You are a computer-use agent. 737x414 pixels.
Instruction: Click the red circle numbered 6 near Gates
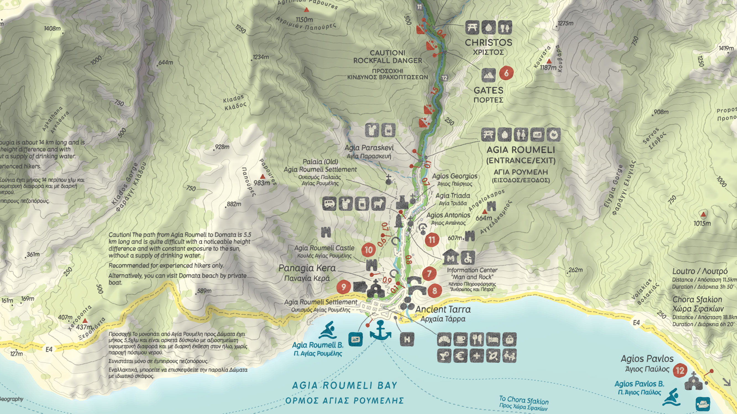tap(506, 73)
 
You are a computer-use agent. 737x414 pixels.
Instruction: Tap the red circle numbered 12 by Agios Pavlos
tap(680, 371)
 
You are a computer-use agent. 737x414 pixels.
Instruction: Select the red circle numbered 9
tap(343, 286)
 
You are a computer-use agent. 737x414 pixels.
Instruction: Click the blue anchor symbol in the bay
tap(380, 330)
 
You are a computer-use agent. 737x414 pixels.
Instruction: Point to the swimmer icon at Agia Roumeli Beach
tap(328, 331)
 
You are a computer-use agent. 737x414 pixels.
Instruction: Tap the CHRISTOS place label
tap(488, 43)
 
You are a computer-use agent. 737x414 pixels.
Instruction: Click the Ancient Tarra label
tap(443, 309)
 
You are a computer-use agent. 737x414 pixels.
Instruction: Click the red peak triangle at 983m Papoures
tap(262, 177)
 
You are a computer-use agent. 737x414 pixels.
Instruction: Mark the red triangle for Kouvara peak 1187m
tap(549, 61)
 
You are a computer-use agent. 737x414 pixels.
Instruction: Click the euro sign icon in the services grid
tap(460, 356)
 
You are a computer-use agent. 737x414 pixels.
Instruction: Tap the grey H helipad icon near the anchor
tap(407, 339)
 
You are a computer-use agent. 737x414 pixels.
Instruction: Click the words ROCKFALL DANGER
tap(388, 60)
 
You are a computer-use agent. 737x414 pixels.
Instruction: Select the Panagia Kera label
tap(307, 268)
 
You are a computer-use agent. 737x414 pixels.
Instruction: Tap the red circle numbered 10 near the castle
tap(369, 250)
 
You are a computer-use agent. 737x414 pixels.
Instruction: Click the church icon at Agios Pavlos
tap(693, 381)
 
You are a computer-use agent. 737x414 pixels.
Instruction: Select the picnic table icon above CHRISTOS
tap(472, 27)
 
